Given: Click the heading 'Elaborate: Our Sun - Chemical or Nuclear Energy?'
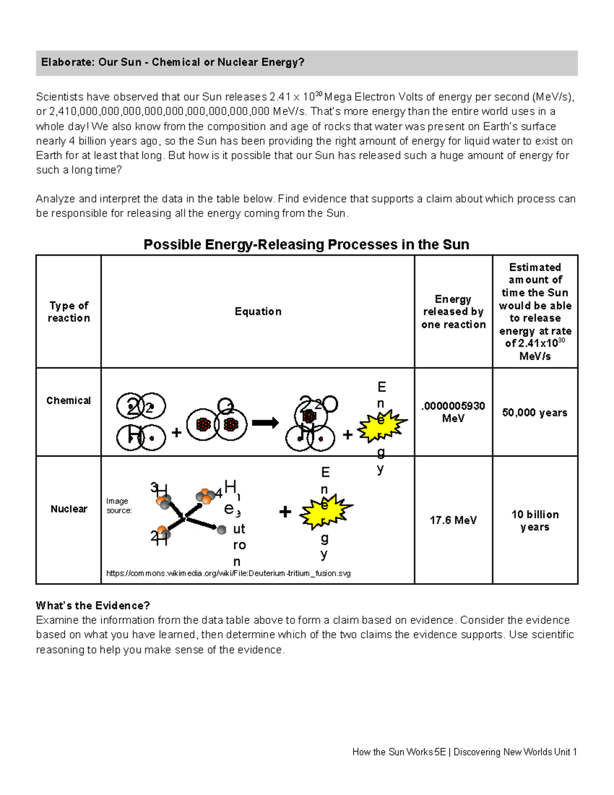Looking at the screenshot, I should click(172, 62).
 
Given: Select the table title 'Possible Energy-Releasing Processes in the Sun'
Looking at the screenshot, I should click(306, 245).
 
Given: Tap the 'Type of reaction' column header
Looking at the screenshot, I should click(69, 312).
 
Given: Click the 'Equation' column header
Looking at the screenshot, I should click(258, 312).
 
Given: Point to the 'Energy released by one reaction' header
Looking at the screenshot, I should click(453, 312).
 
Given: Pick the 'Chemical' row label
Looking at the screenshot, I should click(69, 400).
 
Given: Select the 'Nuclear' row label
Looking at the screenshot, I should click(69, 509).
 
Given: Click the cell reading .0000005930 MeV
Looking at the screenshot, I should click(453, 412).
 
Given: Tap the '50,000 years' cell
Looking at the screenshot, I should click(535, 413).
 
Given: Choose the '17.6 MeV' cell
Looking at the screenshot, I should click(453, 520).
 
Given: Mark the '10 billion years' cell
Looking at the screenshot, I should click(535, 521).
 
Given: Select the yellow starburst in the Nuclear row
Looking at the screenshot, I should click(325, 511).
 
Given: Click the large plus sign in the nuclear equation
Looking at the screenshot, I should click(285, 511).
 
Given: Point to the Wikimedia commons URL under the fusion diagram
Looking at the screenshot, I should click(228, 573).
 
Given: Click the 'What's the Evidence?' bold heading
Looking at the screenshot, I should click(93, 606).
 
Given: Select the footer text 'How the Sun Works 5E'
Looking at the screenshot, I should click(399, 752).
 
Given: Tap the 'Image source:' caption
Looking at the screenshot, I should click(119, 506).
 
